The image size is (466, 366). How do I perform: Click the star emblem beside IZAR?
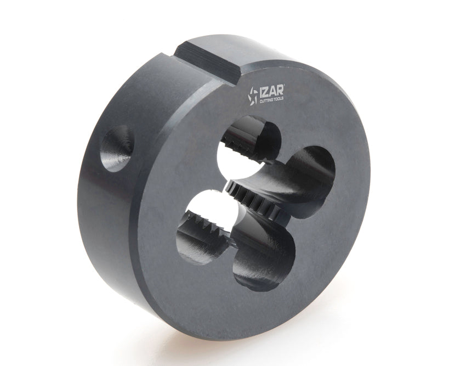(253, 95)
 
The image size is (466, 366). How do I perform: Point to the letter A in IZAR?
(273, 91)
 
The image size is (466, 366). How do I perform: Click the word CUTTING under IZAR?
(265, 101)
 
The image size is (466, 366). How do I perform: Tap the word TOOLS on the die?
(278, 99)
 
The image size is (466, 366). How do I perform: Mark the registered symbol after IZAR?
(285, 86)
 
